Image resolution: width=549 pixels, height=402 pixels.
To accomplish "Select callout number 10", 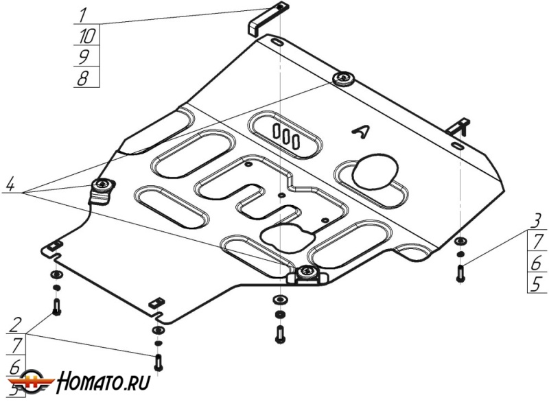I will [86, 34].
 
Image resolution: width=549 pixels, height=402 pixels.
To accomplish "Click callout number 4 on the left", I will [10, 184].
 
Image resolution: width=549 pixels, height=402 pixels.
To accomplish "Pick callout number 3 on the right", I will [537, 220].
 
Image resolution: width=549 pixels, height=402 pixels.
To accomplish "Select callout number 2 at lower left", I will [15, 323].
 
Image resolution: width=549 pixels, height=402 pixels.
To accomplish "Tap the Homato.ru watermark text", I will [104, 379].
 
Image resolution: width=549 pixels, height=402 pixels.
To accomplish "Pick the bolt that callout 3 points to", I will [460, 272].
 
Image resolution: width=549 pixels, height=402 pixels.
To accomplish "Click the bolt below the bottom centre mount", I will [279, 334].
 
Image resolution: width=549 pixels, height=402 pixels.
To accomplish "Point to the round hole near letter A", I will [375, 171].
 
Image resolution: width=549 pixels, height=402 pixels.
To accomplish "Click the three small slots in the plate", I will [285, 134].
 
